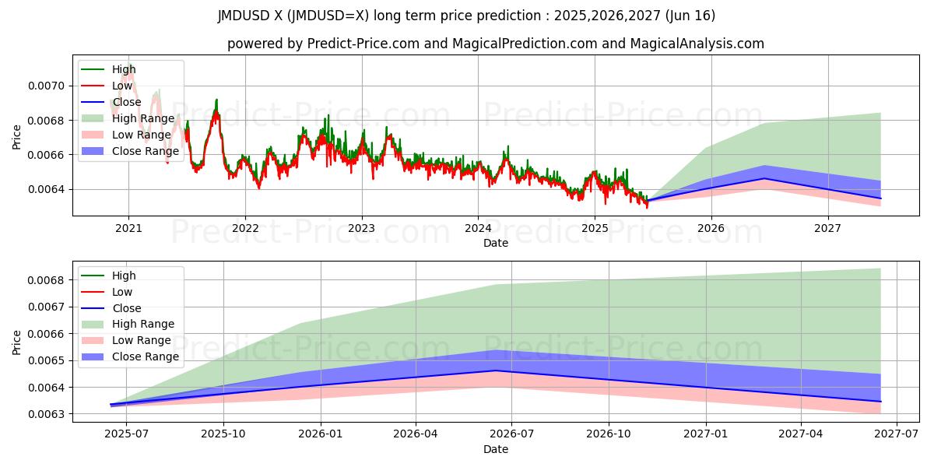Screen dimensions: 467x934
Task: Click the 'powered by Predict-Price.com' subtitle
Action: click(x=495, y=44)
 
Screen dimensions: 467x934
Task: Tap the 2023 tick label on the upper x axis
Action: click(x=361, y=228)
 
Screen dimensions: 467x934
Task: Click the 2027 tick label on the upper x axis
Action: click(x=827, y=228)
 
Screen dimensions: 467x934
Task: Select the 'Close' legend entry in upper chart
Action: click(x=128, y=102)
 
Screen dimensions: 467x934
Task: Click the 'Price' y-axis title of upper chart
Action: click(x=16, y=137)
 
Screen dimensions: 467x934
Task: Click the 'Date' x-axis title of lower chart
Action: click(x=495, y=449)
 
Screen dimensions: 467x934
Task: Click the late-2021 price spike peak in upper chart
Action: click(x=216, y=100)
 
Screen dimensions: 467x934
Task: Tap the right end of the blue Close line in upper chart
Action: click(x=880, y=198)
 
